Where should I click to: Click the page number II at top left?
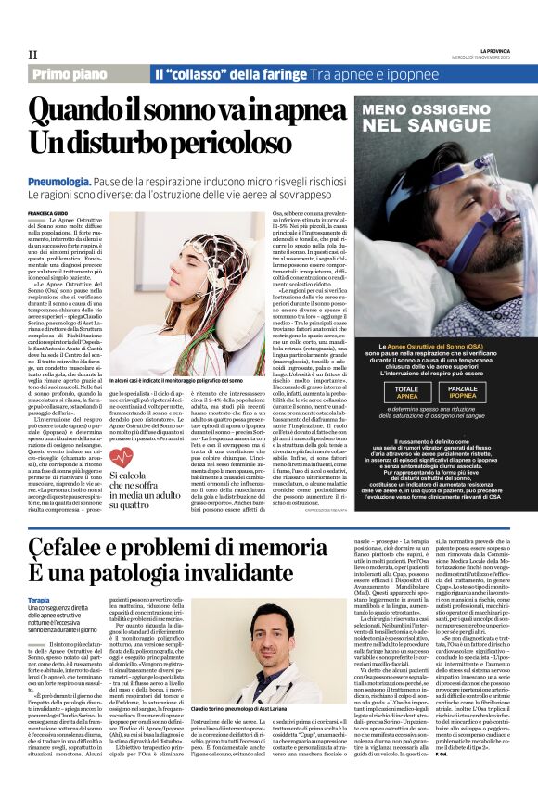tap(32, 55)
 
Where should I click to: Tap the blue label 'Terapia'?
tap(40, 575)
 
